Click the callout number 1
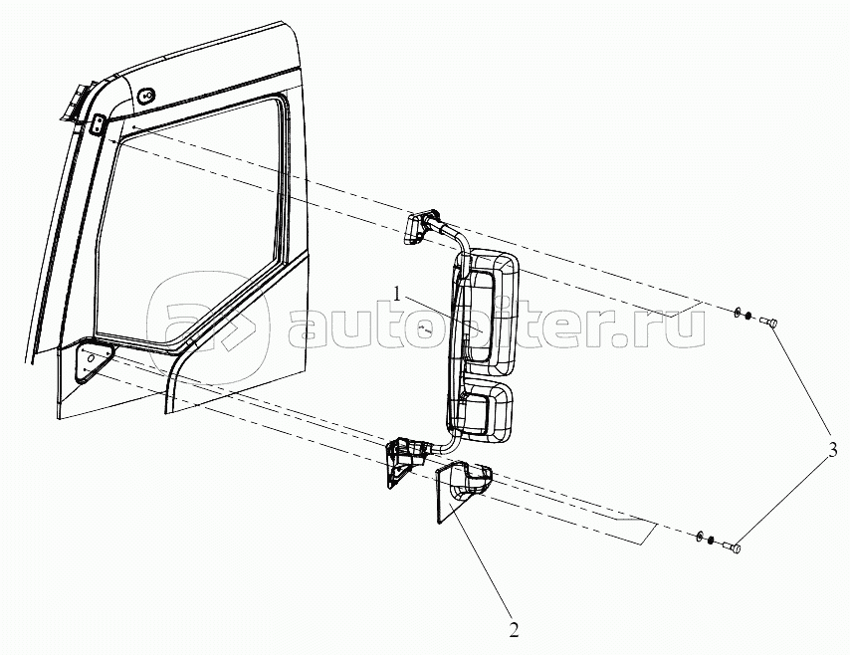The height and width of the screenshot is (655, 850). tap(397, 295)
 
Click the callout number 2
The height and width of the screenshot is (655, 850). tap(513, 629)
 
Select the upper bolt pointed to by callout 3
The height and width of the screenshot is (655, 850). tap(769, 322)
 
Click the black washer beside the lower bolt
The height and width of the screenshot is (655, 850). tap(711, 540)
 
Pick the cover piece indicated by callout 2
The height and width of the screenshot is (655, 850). tap(459, 490)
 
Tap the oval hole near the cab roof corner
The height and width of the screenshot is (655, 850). tap(146, 97)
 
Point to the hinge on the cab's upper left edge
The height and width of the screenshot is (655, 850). tap(74, 106)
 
